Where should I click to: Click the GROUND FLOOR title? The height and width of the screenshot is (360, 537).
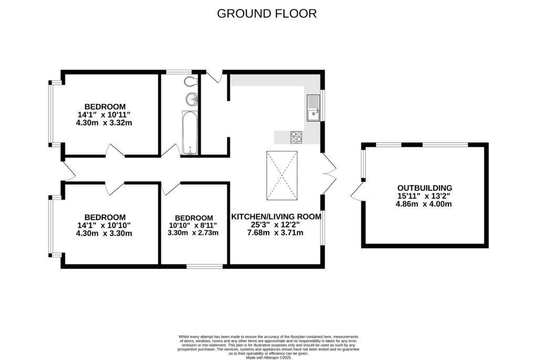pos(267,14)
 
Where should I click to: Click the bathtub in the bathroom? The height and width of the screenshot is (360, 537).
pos(189,133)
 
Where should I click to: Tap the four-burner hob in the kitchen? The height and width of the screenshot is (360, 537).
pos(296,136)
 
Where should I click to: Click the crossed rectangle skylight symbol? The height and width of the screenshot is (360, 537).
pos(282,176)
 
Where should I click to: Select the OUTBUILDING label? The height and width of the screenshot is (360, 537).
pos(425,188)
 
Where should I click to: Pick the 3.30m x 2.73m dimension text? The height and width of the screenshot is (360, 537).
pos(193,233)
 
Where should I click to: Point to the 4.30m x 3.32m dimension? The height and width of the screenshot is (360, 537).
pos(103,123)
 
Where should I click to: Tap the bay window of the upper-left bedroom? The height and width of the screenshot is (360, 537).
pos(51,113)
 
